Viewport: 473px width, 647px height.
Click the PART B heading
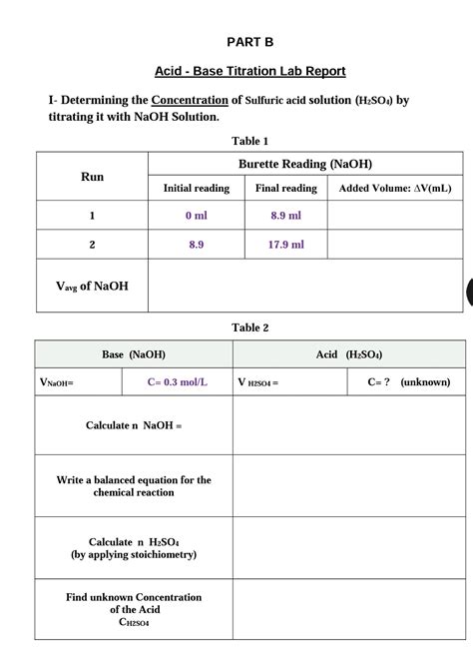(x=249, y=42)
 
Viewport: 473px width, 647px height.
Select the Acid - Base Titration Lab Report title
(x=249, y=71)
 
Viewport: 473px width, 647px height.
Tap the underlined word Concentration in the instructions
(x=190, y=100)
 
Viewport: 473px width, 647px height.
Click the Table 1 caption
(x=249, y=141)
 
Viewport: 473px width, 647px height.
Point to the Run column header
(x=92, y=177)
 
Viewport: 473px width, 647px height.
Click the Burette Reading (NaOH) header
(x=305, y=165)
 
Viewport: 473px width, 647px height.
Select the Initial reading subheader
(x=197, y=188)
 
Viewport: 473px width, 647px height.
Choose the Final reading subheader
(x=286, y=188)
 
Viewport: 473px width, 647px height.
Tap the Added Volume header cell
(x=395, y=188)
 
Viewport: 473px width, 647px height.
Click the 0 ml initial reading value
(x=197, y=216)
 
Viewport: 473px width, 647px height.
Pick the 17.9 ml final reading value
(x=286, y=245)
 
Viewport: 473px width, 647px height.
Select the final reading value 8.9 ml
(x=286, y=216)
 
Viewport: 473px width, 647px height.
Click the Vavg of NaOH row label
(x=92, y=287)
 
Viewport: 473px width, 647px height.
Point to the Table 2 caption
(x=249, y=327)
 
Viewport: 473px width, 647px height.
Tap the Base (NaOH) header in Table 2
(x=134, y=354)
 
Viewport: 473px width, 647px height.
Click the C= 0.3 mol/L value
(x=178, y=382)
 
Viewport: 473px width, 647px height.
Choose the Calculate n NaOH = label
(x=134, y=425)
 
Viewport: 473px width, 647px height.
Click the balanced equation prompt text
(x=134, y=486)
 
